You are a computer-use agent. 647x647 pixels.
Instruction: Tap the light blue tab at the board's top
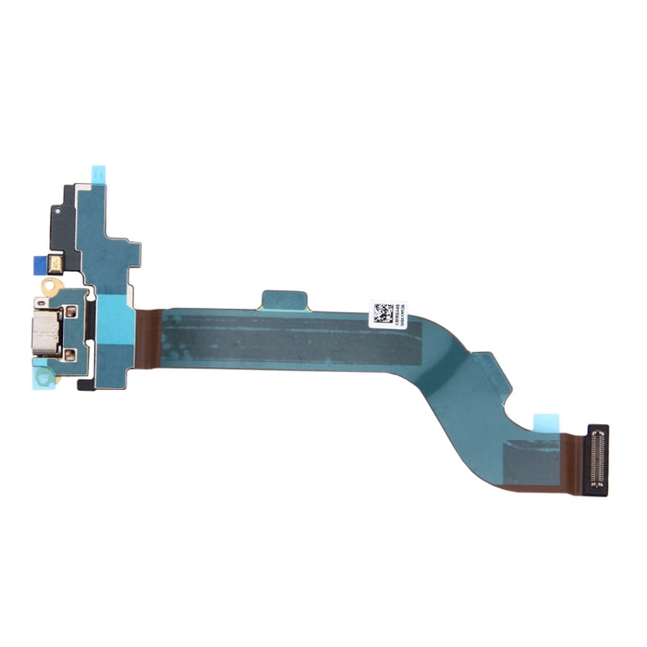pos(98,172)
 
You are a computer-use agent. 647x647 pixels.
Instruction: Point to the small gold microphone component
pos(57,264)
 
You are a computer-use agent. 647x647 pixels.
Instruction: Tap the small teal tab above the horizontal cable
pos(283,299)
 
